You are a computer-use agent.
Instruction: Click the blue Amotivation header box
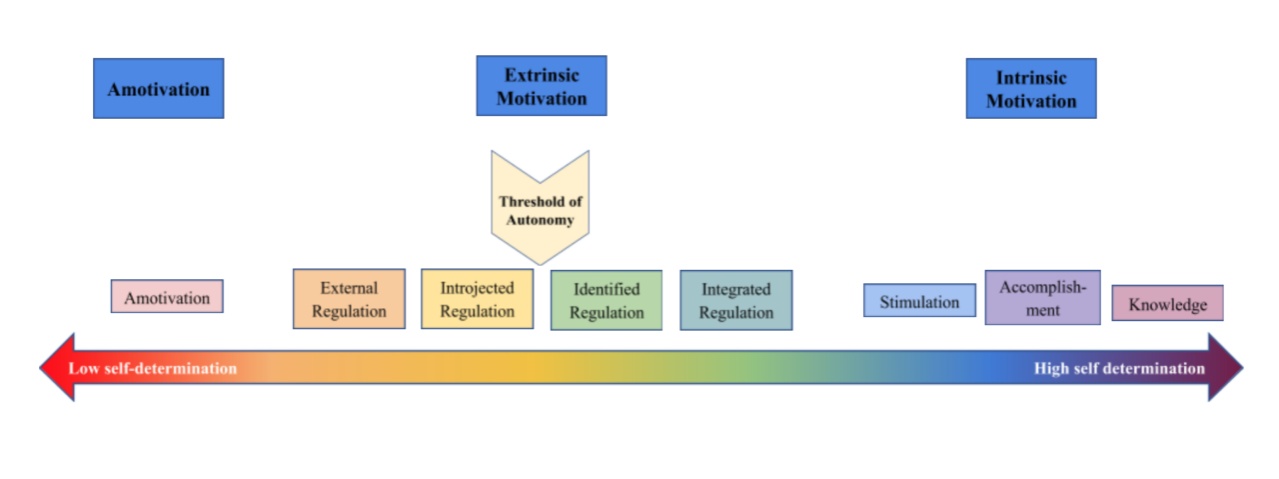point(158,89)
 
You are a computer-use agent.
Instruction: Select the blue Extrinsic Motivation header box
point(541,86)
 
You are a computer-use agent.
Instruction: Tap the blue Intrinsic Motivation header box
point(1030,89)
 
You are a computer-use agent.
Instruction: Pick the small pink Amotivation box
point(167,297)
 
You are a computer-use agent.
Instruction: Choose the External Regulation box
point(349,299)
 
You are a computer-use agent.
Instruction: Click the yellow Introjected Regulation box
point(477,299)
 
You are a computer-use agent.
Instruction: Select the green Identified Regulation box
point(606,300)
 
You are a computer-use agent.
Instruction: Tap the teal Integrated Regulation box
point(735,300)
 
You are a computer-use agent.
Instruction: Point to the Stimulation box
point(919,301)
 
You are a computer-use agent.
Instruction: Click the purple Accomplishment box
point(1042,298)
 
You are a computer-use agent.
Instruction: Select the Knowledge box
point(1167,304)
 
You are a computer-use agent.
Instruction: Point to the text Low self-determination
point(152,369)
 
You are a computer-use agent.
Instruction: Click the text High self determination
point(1119,369)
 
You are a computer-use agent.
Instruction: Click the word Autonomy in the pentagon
point(540,220)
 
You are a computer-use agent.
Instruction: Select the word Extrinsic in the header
point(541,76)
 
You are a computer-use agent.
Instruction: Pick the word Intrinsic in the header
point(1030,78)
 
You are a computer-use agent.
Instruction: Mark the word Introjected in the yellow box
point(477,288)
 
